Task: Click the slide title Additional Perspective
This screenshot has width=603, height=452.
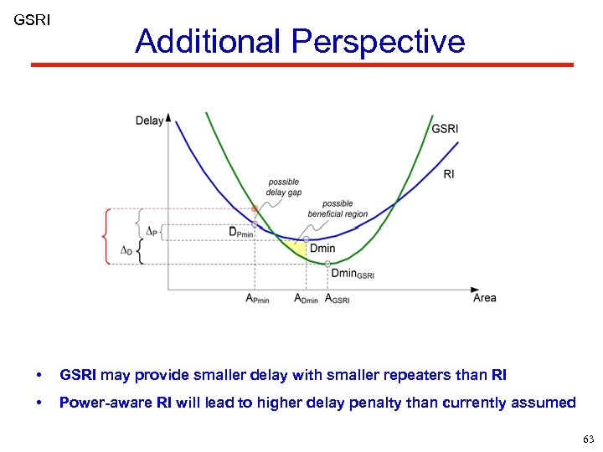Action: (299, 41)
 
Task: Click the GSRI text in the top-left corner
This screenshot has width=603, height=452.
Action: (32, 18)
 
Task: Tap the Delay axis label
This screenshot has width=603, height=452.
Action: (149, 121)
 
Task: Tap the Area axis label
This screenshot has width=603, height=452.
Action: (485, 298)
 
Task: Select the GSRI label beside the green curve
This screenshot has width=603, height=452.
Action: (444, 129)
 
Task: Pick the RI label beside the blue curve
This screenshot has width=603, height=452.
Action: (449, 174)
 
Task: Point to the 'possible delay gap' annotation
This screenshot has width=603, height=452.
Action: (284, 187)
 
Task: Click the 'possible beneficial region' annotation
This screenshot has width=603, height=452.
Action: (338, 208)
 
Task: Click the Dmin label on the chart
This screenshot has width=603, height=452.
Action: (322, 249)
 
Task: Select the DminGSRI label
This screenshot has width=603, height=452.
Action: (353, 273)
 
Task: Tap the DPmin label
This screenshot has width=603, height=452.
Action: (241, 232)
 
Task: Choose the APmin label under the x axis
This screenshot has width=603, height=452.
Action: (257, 299)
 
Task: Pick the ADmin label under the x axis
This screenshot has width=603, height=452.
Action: (306, 299)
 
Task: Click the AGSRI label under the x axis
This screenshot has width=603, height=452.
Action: (337, 299)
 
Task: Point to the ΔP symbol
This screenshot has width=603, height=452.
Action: (152, 230)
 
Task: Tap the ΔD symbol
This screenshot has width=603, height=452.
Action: (126, 249)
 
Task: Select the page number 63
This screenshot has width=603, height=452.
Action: (587, 439)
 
